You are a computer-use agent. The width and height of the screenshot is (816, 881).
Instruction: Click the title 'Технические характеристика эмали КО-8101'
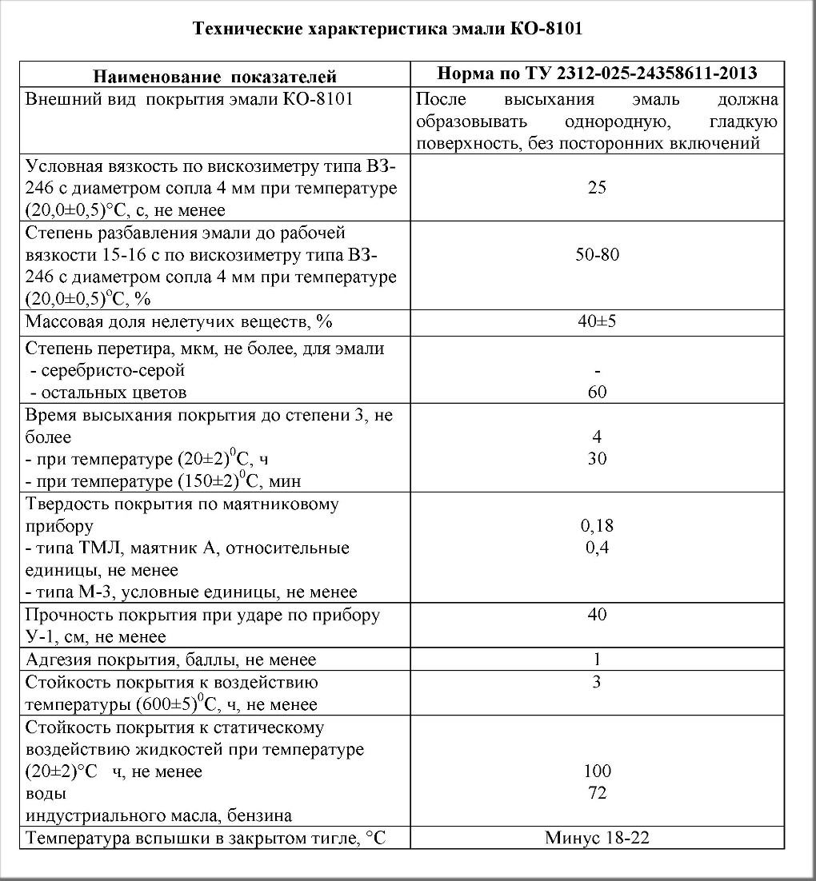pyautogui.click(x=387, y=30)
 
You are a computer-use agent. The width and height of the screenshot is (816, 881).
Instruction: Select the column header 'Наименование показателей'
pyautogui.click(x=215, y=77)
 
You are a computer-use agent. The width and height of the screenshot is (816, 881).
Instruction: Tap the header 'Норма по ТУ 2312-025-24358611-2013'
pyautogui.click(x=597, y=74)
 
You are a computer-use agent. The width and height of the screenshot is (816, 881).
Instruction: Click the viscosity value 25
pyautogui.click(x=597, y=188)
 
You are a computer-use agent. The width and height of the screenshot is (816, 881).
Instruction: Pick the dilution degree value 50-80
pyautogui.click(x=597, y=255)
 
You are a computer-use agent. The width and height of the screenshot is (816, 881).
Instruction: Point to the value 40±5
pyautogui.click(x=597, y=322)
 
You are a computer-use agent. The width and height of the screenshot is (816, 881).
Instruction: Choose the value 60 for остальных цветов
pyautogui.click(x=597, y=392)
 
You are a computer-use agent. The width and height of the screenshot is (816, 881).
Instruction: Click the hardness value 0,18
pyautogui.click(x=597, y=526)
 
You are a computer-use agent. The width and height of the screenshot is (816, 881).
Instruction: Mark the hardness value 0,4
pyautogui.click(x=597, y=548)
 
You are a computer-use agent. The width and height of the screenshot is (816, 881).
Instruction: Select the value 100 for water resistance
pyautogui.click(x=597, y=771)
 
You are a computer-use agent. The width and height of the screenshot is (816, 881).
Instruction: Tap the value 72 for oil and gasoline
pyautogui.click(x=597, y=793)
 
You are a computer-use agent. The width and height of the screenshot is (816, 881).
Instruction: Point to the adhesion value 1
pyautogui.click(x=597, y=660)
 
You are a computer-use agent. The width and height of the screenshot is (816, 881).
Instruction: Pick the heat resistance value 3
pyautogui.click(x=597, y=682)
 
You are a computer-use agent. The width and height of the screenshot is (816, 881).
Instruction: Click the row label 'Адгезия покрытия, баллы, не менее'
pyautogui.click(x=171, y=660)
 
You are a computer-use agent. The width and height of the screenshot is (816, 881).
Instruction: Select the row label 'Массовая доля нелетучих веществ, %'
pyautogui.click(x=178, y=322)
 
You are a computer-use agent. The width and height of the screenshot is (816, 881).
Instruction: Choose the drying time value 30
pyautogui.click(x=597, y=459)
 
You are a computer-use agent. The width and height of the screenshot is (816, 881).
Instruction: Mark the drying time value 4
pyautogui.click(x=597, y=437)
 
